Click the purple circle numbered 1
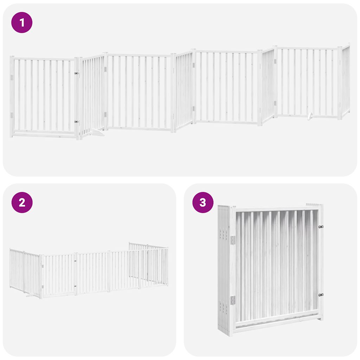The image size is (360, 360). pos(22,22)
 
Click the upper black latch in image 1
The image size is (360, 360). pos(76,73)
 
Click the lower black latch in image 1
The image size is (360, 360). pos(76,122)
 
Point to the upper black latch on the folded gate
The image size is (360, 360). pos(320,227)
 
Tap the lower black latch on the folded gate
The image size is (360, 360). pos(320,295)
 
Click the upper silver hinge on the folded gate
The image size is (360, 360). pos(233,240)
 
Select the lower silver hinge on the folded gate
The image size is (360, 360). pos(233,300)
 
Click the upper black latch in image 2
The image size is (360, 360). pos(75,261)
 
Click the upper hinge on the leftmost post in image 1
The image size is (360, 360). pos(12,77)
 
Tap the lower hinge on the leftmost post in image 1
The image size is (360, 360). pos(12,115)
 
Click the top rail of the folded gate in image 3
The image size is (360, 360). pos(276,209)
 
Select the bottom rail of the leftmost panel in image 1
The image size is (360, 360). pos(44,134)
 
